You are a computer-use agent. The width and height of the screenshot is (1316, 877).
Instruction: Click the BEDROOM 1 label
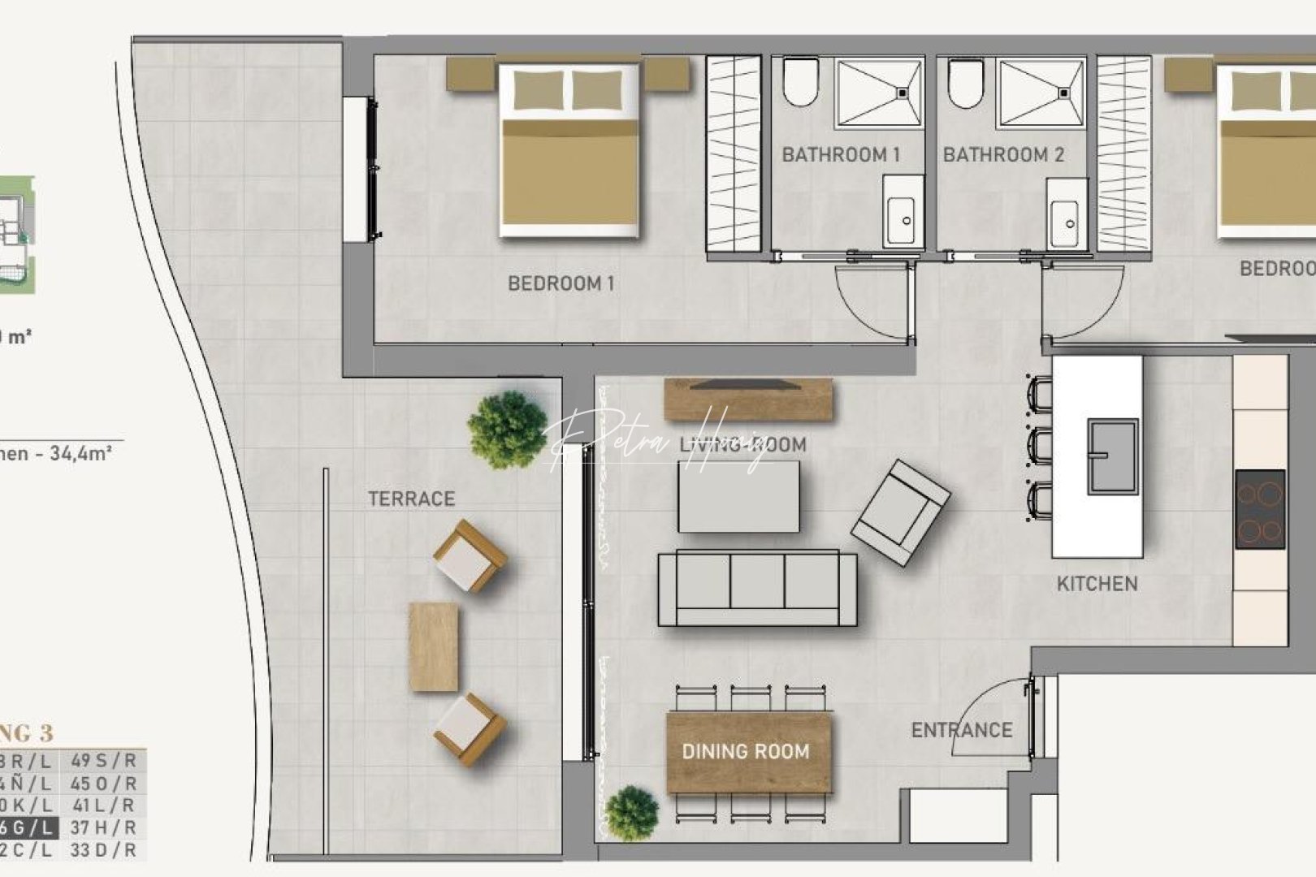pos(561,283)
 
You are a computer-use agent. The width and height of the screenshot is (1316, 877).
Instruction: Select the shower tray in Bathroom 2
pos(1041,93)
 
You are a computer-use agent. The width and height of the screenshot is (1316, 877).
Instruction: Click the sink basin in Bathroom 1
pos(903,214)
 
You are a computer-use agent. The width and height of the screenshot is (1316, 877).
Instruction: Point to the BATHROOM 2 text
pos(1003,154)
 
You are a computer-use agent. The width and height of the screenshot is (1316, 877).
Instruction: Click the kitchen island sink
pos(1112,456)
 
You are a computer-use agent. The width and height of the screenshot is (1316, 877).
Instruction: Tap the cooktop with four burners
pos(1260,509)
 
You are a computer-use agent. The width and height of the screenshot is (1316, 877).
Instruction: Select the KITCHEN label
pos(1097,583)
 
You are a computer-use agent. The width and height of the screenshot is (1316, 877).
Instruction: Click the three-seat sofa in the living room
pos(757,588)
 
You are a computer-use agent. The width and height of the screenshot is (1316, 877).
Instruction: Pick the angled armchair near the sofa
pos(900,512)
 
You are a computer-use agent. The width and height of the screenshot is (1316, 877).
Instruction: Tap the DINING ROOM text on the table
pos(746,752)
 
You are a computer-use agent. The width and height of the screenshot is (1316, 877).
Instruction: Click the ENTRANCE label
pos(962,730)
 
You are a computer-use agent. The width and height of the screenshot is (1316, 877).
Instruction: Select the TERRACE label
pos(411,499)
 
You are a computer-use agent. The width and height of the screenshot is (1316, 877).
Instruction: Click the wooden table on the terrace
pos(434,646)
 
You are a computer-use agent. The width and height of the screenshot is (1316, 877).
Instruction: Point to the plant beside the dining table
pos(632,813)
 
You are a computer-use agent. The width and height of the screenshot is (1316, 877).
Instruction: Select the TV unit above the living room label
pos(748,399)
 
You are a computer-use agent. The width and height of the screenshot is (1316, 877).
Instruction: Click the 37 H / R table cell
pos(103,827)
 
